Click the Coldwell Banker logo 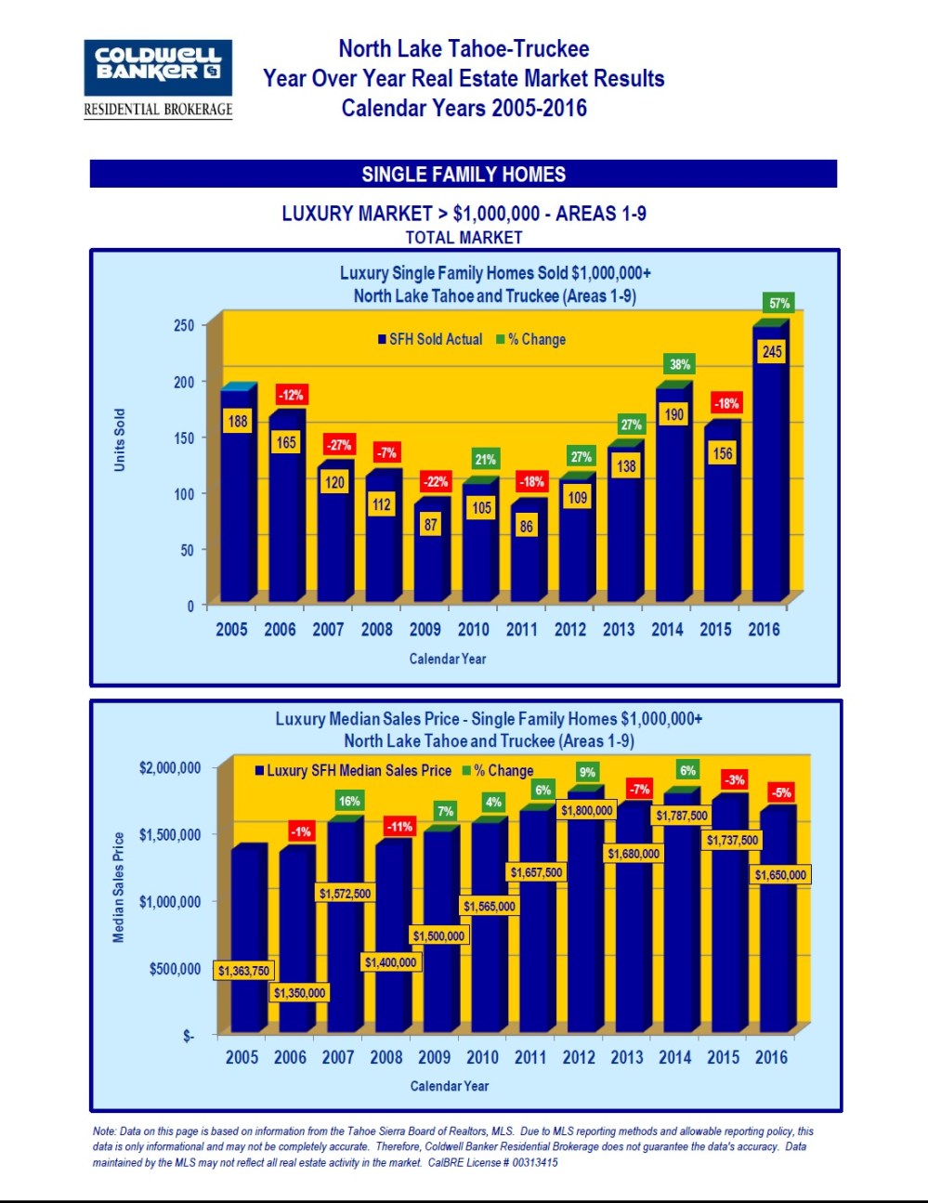(158, 78)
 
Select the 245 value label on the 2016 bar (772, 351)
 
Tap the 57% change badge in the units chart (779, 303)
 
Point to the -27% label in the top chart (338, 445)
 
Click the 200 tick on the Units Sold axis (184, 382)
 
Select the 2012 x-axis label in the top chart (570, 629)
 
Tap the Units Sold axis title (119, 439)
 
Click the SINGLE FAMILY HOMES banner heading (464, 174)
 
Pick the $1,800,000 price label (586, 810)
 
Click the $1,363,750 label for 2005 (243, 971)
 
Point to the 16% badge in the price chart (349, 801)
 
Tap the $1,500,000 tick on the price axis (170, 834)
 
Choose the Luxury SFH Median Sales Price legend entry (353, 770)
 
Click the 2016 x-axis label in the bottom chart (771, 1057)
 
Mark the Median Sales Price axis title (118, 887)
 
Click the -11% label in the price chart (399, 826)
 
